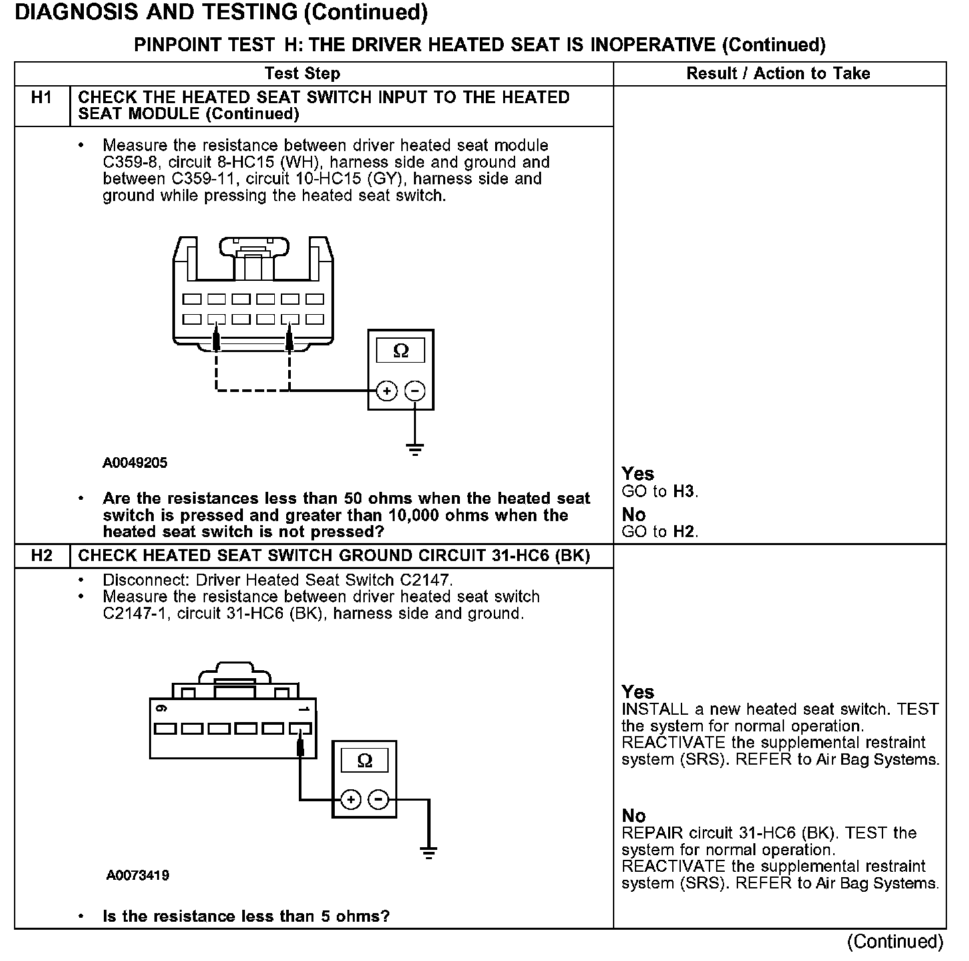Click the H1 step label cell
pyautogui.click(x=41, y=98)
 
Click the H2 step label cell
pyautogui.click(x=41, y=556)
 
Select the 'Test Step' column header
pyautogui.click(x=302, y=73)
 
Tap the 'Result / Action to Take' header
pyautogui.click(x=778, y=73)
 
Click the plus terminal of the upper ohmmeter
pyautogui.click(x=387, y=391)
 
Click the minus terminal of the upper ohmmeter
pyautogui.click(x=415, y=391)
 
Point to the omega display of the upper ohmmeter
pyautogui.click(x=401, y=350)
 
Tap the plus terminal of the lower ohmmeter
pyautogui.click(x=351, y=799)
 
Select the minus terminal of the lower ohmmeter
pyautogui.click(x=379, y=799)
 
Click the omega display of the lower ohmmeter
pyautogui.click(x=365, y=760)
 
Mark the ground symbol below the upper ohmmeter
pyautogui.click(x=415, y=450)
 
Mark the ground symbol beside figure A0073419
pyautogui.click(x=429, y=853)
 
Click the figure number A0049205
pyautogui.click(x=135, y=463)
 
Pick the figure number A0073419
pyautogui.click(x=138, y=875)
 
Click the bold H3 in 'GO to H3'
pyautogui.click(x=683, y=492)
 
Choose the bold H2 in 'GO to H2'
pyautogui.click(x=683, y=532)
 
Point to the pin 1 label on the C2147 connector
pyautogui.click(x=304, y=709)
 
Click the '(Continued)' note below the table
pyautogui.click(x=895, y=942)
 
